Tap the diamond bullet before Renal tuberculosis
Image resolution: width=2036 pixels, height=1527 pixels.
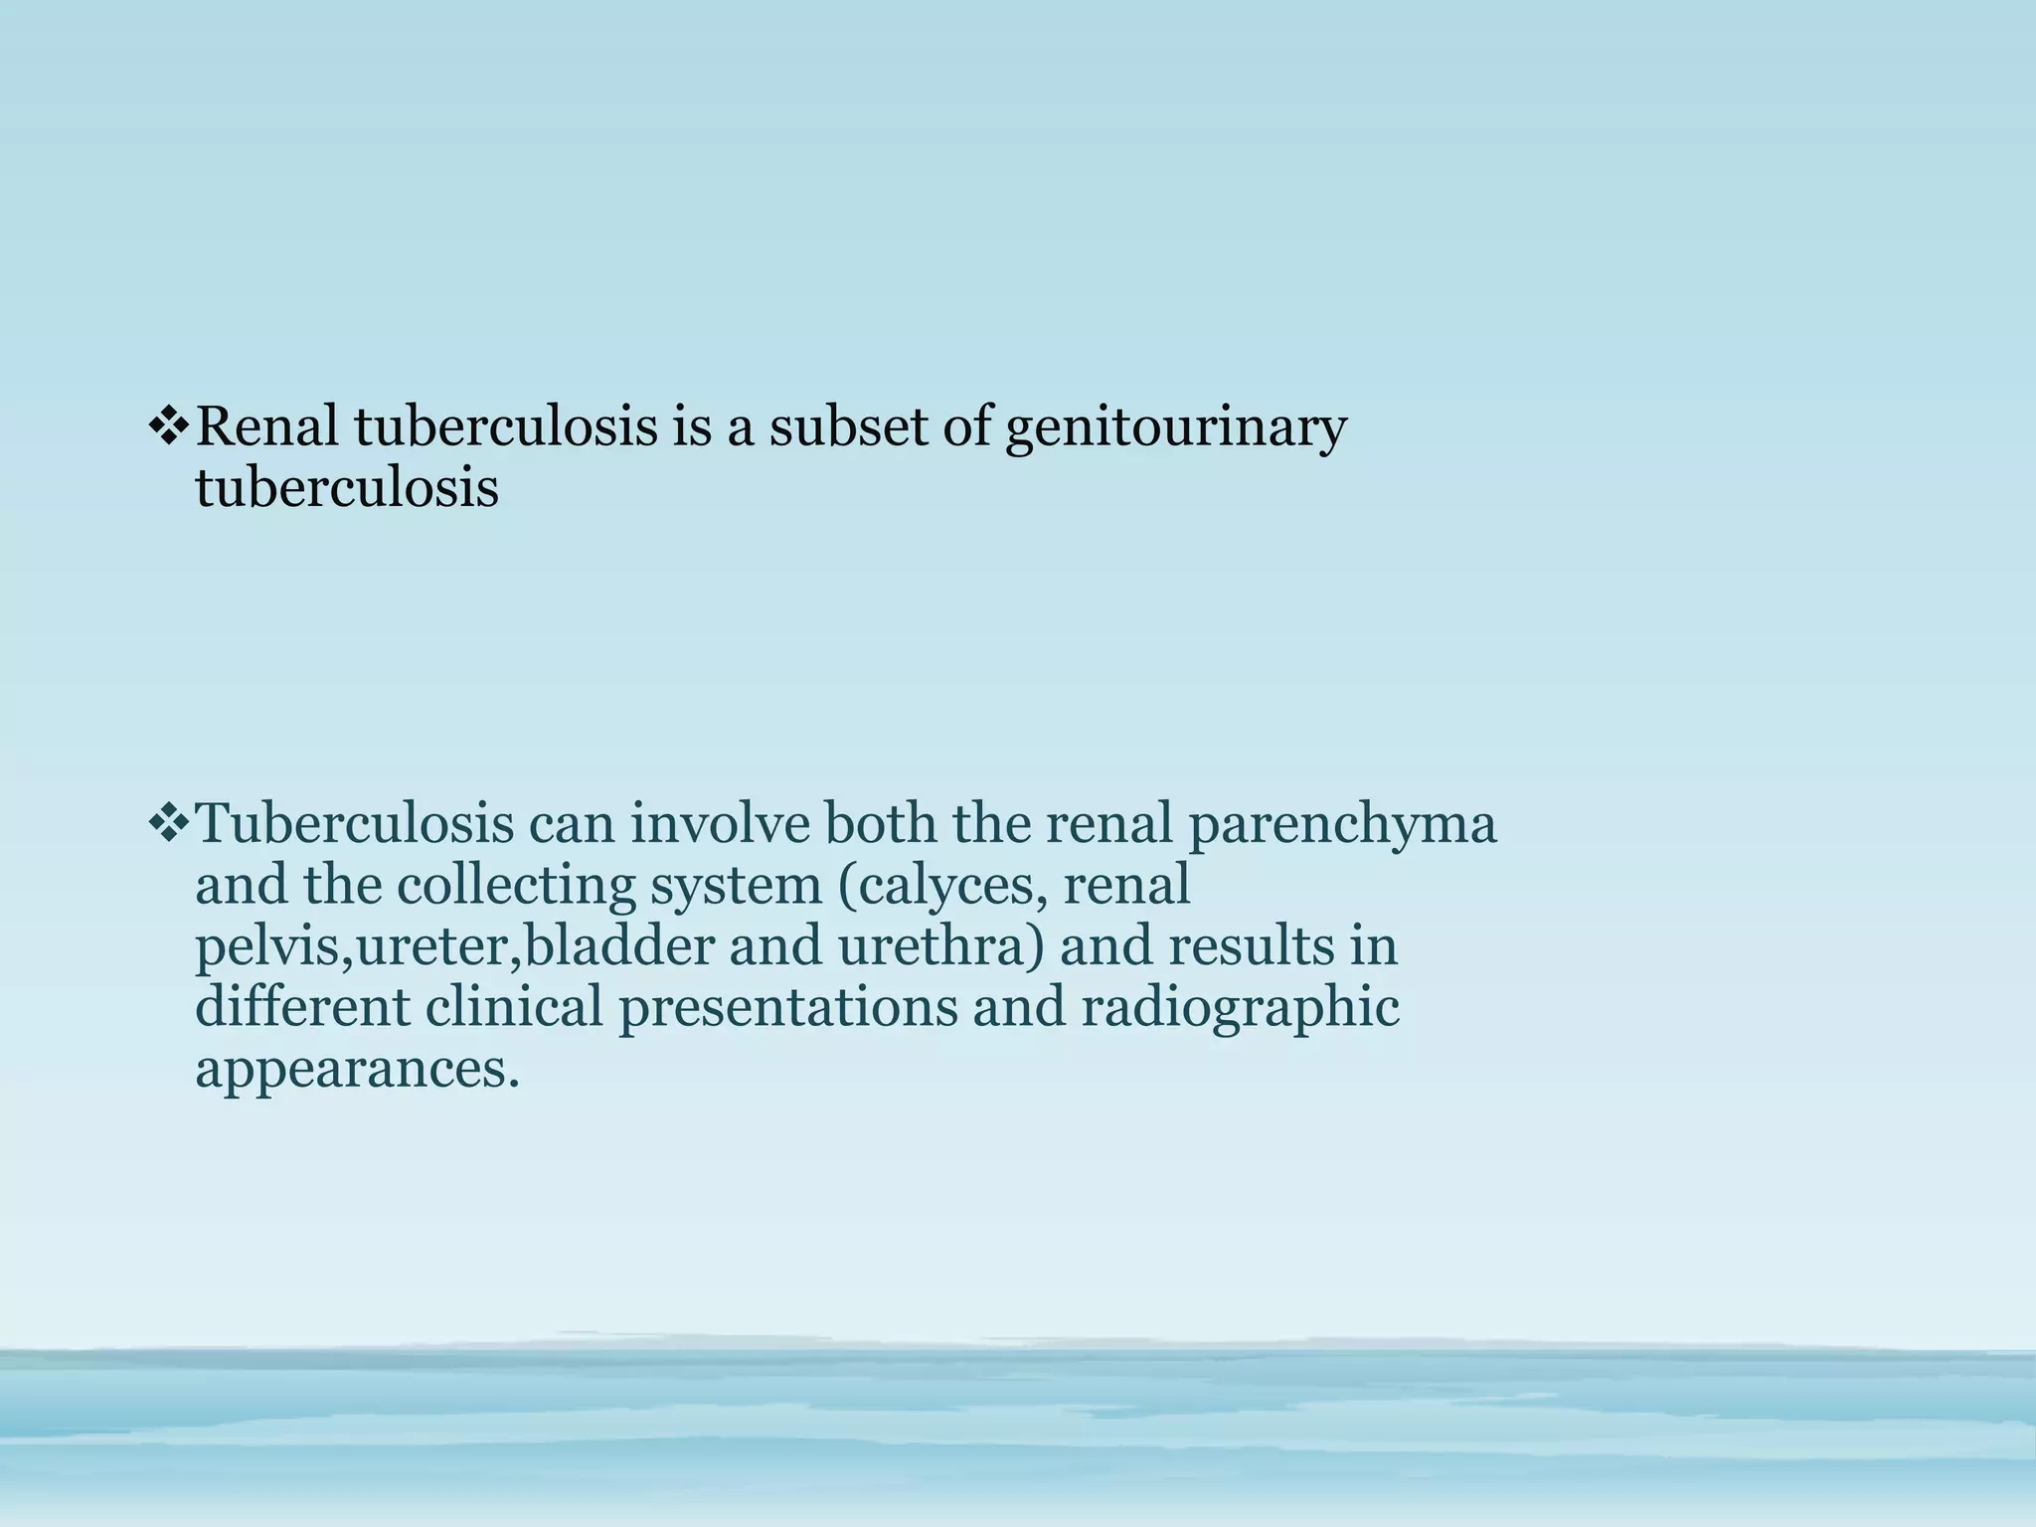168,427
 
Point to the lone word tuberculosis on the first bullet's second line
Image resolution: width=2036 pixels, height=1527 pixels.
346,488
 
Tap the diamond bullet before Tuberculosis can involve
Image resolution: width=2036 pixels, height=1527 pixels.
168,823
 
